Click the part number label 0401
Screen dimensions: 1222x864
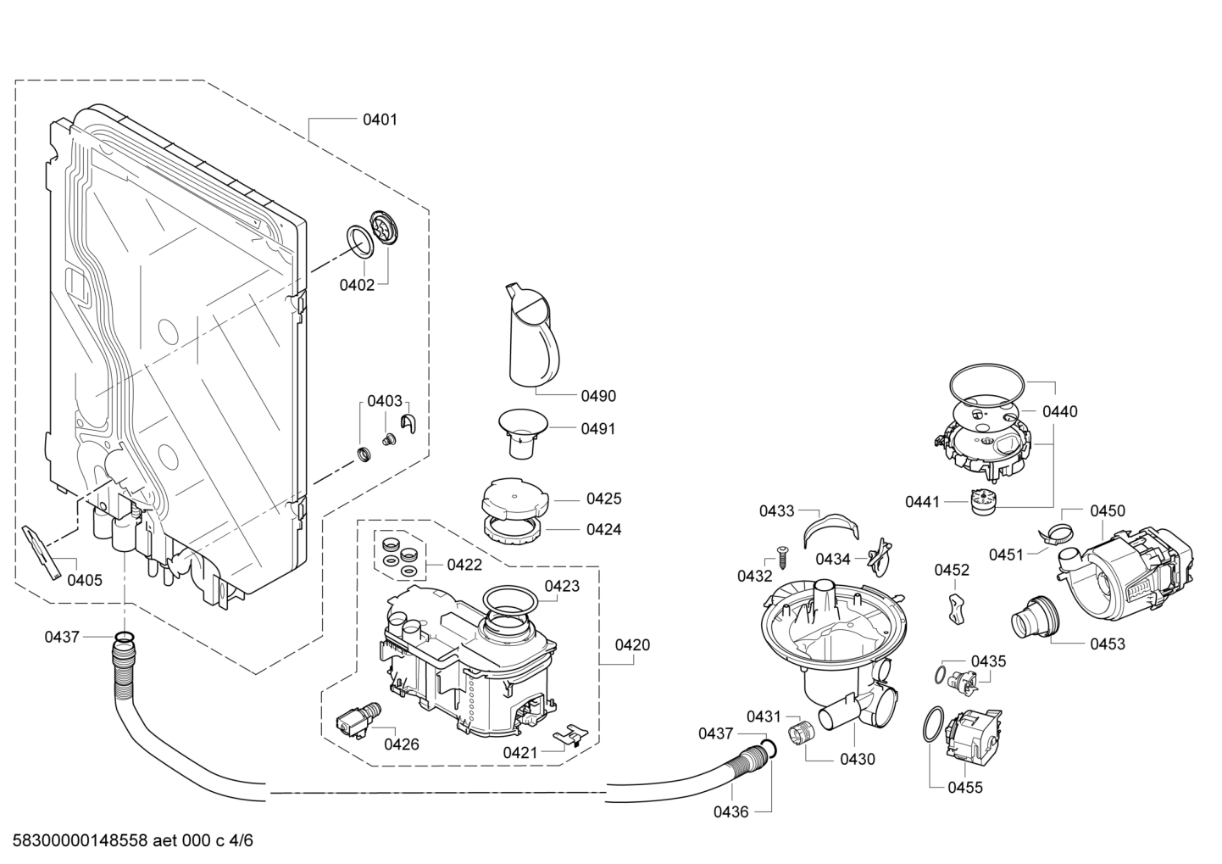380,120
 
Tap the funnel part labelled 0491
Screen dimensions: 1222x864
523,434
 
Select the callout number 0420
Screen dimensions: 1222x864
632,645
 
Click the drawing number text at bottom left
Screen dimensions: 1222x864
132,840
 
